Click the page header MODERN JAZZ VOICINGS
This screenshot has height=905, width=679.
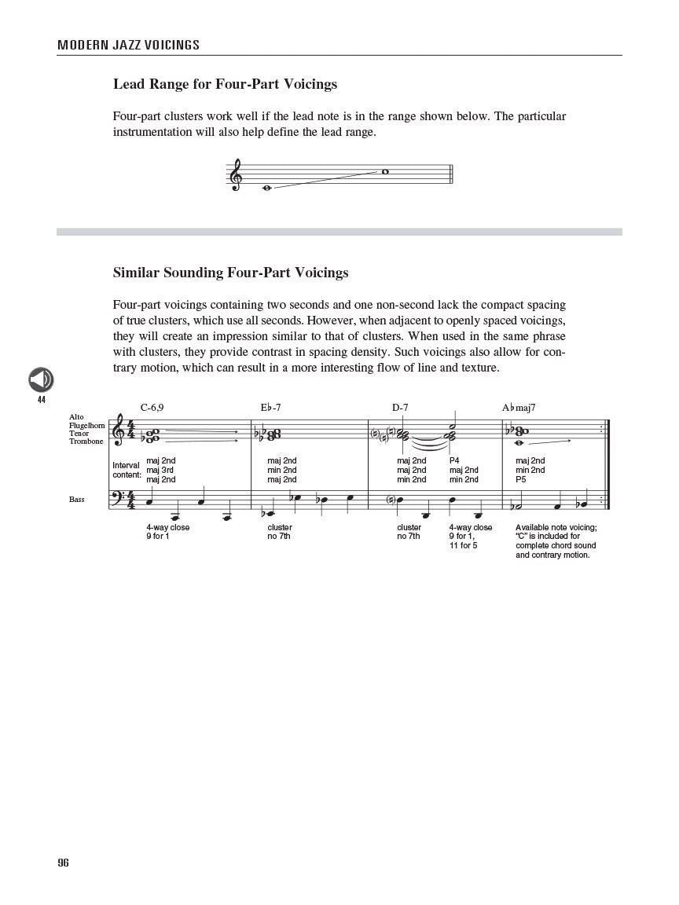pyautogui.click(x=128, y=45)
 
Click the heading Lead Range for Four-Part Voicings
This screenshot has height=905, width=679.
pyautogui.click(x=225, y=83)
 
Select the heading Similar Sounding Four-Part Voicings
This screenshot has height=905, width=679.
pyautogui.click(x=230, y=273)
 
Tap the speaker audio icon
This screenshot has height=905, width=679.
pyautogui.click(x=41, y=380)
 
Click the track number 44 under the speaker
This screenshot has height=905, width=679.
pyautogui.click(x=41, y=400)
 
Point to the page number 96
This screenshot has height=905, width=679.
pyautogui.click(x=63, y=863)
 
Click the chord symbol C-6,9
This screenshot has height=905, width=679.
pyautogui.click(x=152, y=407)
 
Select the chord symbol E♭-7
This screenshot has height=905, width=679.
pyautogui.click(x=270, y=407)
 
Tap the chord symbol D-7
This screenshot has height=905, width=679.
pyautogui.click(x=400, y=407)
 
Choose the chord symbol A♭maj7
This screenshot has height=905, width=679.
pyautogui.click(x=519, y=407)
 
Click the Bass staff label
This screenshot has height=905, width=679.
pyautogui.click(x=76, y=499)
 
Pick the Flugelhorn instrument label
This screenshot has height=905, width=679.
pyautogui.click(x=86, y=425)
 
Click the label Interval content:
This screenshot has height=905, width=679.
pyautogui.click(x=127, y=470)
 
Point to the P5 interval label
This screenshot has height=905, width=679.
pyautogui.click(x=521, y=479)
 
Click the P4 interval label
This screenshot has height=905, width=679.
pyautogui.click(x=454, y=460)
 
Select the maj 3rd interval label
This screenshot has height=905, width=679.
pyautogui.click(x=160, y=470)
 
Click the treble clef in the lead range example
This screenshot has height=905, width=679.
pyautogui.click(x=236, y=175)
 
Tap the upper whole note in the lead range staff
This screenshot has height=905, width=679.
pyautogui.click(x=385, y=171)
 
